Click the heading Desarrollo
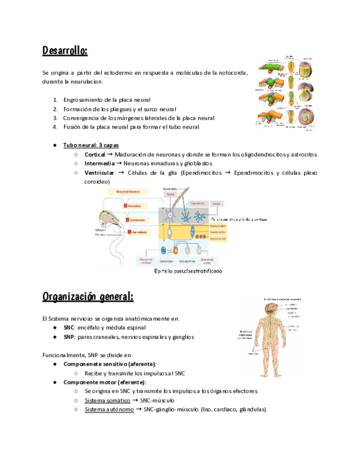point(65,51)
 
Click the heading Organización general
point(88,297)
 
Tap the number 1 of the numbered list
point(56,100)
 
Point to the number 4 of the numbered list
point(56,126)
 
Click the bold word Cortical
point(95,154)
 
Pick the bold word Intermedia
point(99,163)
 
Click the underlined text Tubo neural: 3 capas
point(91,145)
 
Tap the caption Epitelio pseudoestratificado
point(189,271)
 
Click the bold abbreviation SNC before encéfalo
point(69,328)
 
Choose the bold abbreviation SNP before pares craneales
point(69,337)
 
